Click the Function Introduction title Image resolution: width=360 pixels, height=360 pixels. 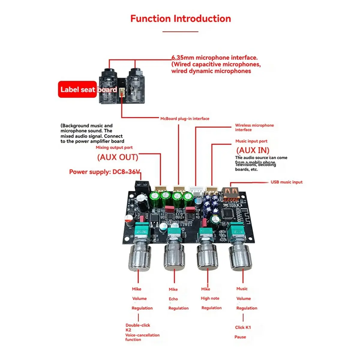(x=180, y=19)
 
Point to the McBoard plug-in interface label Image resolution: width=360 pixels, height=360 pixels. (x=184, y=118)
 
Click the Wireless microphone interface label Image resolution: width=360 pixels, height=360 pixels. (x=254, y=127)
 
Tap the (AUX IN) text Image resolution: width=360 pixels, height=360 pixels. (x=253, y=150)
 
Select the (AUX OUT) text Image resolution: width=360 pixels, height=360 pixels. (x=118, y=157)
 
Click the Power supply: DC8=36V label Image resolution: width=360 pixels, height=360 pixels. (x=104, y=172)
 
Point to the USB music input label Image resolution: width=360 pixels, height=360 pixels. (x=286, y=182)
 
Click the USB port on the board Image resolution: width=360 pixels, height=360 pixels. (x=230, y=194)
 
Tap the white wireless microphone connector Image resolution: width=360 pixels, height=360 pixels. (x=195, y=191)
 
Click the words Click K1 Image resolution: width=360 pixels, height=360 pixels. (x=243, y=327)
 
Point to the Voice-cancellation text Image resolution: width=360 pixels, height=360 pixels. (x=142, y=335)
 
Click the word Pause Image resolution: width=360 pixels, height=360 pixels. (x=240, y=337)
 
